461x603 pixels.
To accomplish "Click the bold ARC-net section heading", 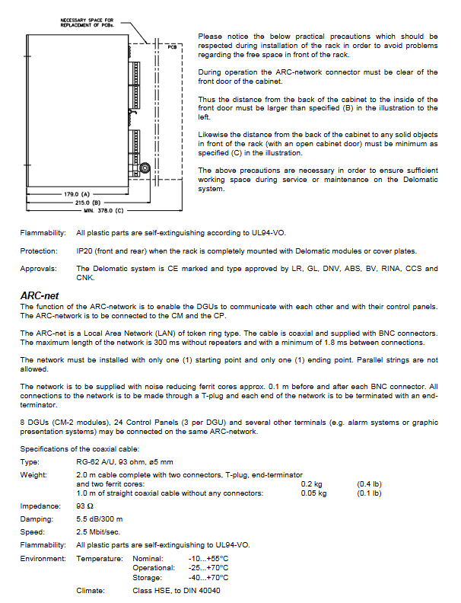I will pos(41,295).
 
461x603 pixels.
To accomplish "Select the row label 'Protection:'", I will pos(39,250).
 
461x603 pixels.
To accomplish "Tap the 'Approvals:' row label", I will pos(38,268).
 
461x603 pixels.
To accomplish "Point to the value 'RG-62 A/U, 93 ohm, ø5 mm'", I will pos(124,463).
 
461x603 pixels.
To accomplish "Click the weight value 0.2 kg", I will pos(311,483).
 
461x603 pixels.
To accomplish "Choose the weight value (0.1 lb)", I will pos(369,493).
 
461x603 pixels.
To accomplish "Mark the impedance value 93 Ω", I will pos(85,506).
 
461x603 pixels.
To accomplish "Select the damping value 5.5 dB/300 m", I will pos(101,518).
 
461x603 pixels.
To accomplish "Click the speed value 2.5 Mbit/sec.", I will pos(98,531).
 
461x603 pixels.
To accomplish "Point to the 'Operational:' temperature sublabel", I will pos(154,568).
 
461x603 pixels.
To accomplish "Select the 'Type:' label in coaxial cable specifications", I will pos(30,463).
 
